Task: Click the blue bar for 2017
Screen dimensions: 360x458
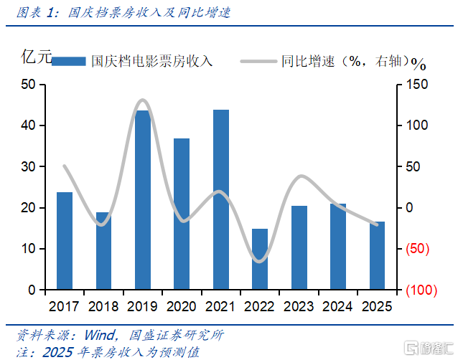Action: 65,241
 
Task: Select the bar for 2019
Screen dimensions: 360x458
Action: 143,200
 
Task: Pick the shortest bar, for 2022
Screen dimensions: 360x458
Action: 260,259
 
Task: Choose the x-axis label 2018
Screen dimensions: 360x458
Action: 103,306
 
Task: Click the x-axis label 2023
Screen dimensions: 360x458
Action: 299,306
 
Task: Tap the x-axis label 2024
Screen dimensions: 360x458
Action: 338,306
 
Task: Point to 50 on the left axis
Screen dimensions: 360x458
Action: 29,85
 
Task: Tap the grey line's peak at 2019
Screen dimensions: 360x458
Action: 142,100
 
